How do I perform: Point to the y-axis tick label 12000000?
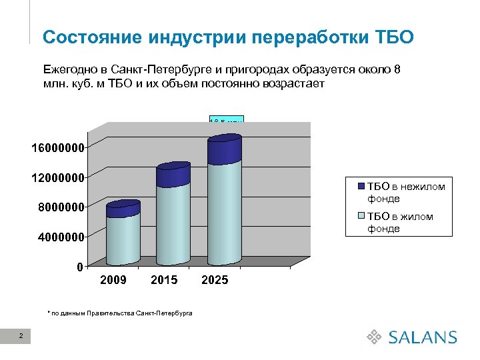click(x=56, y=177)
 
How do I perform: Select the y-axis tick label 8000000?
click(x=59, y=207)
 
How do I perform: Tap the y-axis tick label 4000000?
click(x=59, y=237)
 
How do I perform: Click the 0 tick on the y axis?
click(x=80, y=267)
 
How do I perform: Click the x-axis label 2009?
click(x=113, y=280)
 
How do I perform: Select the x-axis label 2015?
click(x=164, y=280)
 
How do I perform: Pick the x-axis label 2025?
click(x=215, y=280)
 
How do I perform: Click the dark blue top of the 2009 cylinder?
click(x=123, y=209)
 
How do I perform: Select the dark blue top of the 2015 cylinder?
click(x=173, y=175)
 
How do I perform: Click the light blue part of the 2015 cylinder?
click(x=173, y=223)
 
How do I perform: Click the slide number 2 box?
click(x=21, y=337)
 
